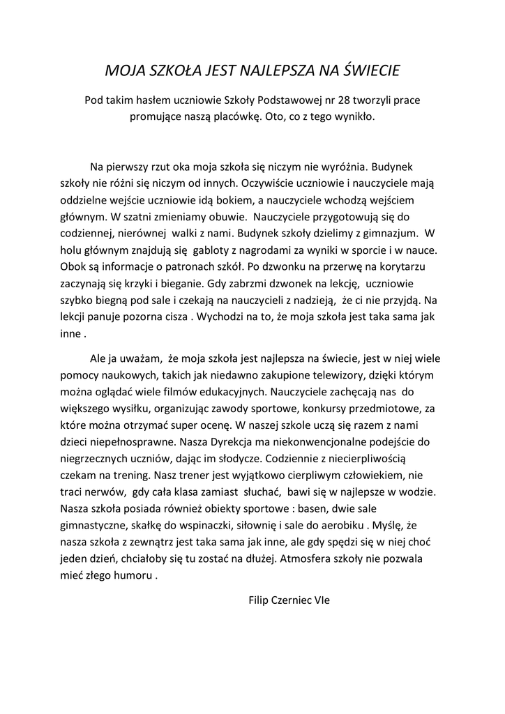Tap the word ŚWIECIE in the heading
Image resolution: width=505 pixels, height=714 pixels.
click(366, 70)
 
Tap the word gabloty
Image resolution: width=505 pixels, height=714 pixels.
click(220, 249)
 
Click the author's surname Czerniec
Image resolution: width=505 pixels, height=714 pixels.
click(294, 599)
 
